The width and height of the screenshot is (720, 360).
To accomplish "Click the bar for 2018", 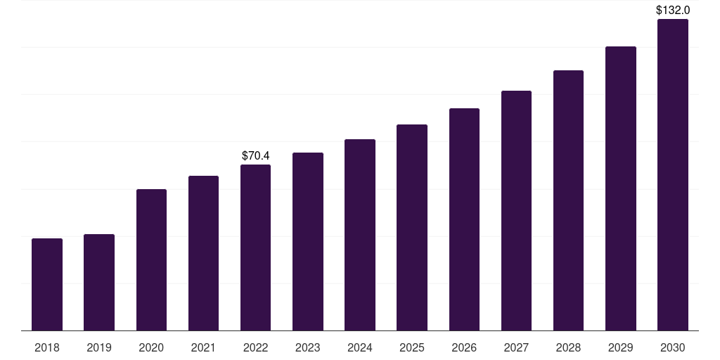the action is tap(47, 285).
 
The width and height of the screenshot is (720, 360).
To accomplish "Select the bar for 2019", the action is tap(99, 283).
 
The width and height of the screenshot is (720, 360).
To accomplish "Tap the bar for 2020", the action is tap(152, 260).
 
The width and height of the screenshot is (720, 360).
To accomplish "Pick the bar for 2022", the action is tap(255, 247).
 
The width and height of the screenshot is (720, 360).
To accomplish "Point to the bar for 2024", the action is tap(360, 235).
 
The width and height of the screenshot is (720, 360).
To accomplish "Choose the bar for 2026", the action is tap(464, 219).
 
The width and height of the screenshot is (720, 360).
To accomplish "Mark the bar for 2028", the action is tap(568, 200).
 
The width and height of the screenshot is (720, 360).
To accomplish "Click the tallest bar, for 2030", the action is tap(673, 175).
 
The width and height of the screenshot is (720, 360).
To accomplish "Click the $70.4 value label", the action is tap(256, 155).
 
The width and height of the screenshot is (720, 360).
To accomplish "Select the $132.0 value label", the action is tap(673, 10).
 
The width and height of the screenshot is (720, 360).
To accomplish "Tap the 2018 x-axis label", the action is tap(47, 347).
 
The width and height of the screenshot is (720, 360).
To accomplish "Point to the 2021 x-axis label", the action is tap(203, 347).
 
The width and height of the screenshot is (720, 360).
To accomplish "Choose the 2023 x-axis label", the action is tap(308, 347).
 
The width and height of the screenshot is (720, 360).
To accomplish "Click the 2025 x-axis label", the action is tap(412, 347).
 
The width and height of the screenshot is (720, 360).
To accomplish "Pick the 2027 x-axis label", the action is tap(516, 347).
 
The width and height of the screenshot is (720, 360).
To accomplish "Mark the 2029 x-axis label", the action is tap(621, 347).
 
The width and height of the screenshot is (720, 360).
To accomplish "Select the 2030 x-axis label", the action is tap(673, 347).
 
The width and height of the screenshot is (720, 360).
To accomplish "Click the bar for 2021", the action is tap(203, 253).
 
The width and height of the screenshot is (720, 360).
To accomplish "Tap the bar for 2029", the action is tap(621, 188).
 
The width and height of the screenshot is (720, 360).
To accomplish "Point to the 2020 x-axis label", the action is tap(151, 347).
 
